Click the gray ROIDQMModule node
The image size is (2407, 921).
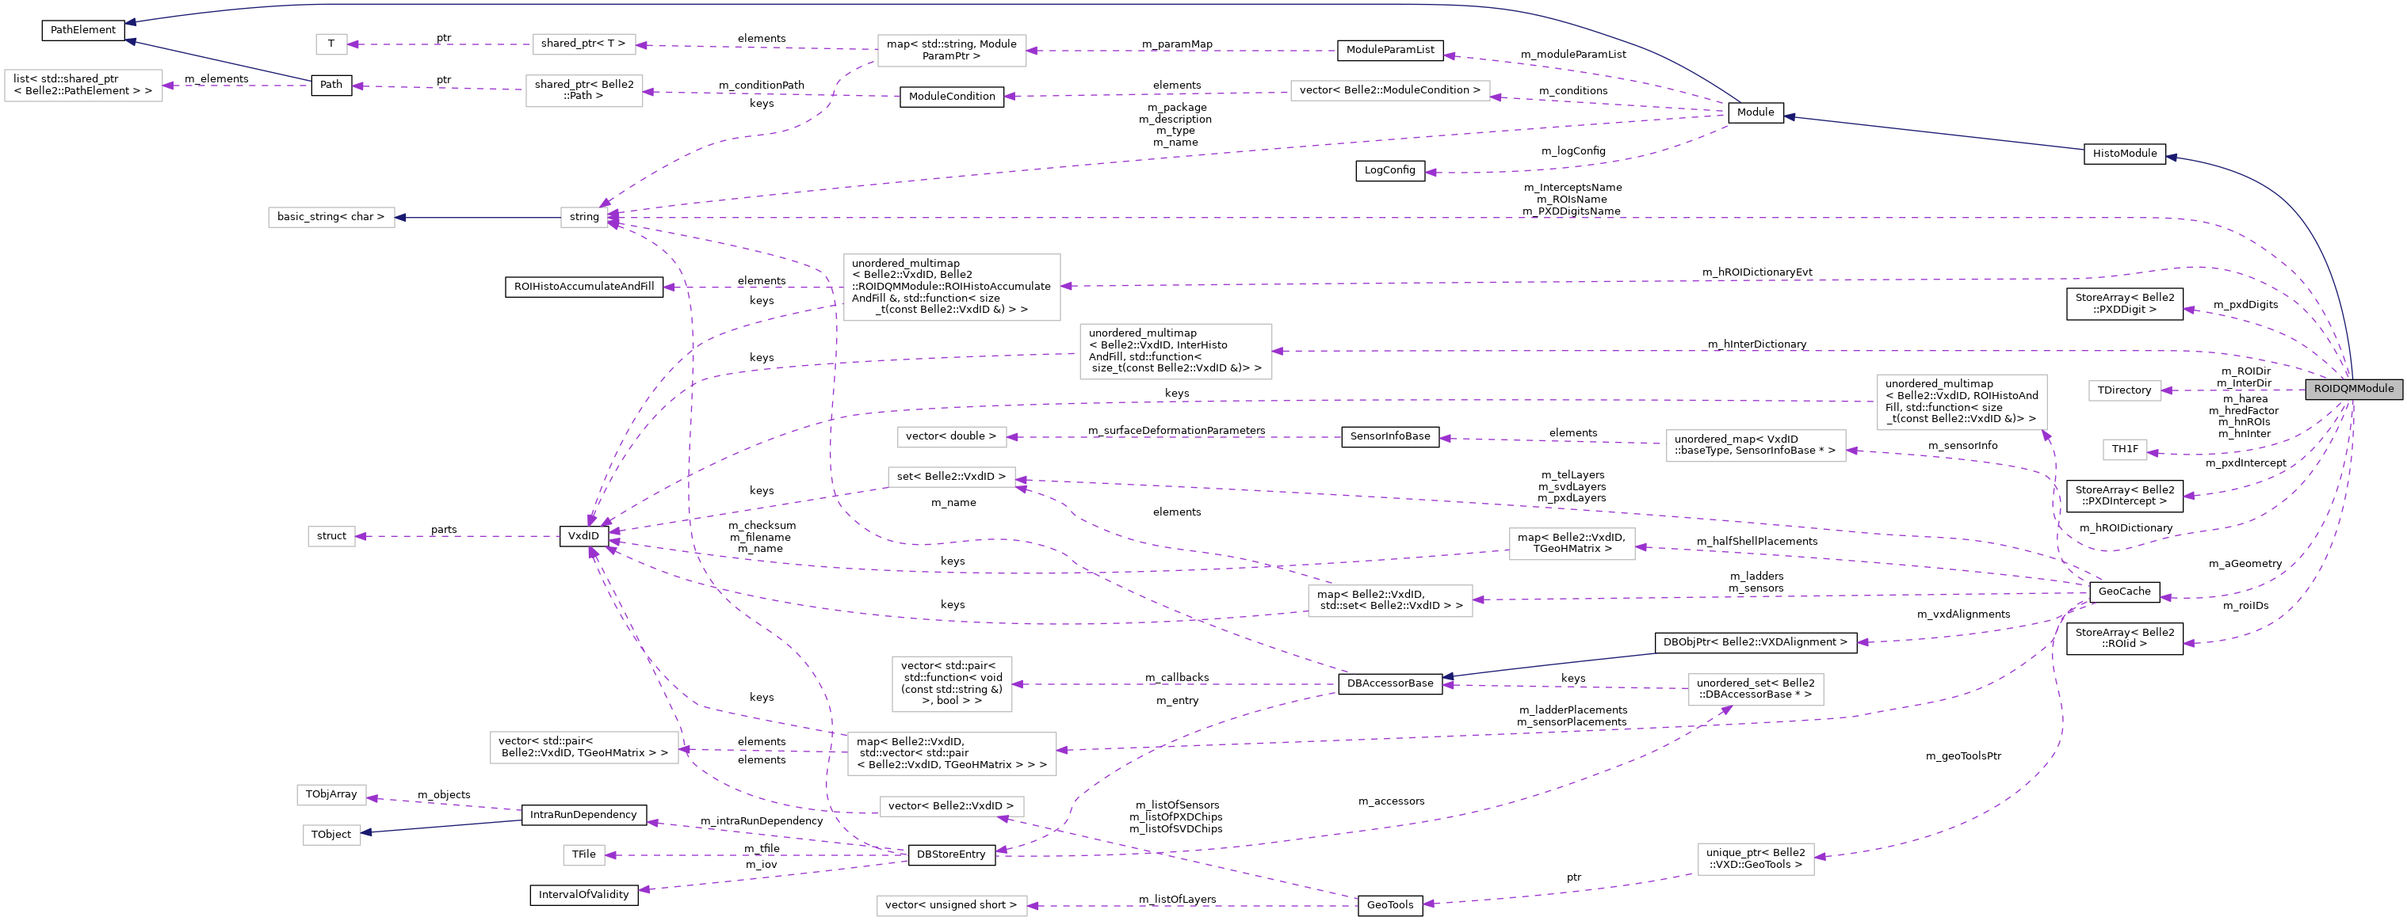pyautogui.click(x=2353, y=389)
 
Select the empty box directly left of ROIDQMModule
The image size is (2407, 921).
pyautogui.click(x=2124, y=390)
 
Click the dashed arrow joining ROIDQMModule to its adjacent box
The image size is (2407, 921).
pyautogui.click(x=2233, y=390)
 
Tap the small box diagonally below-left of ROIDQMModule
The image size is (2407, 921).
pyautogui.click(x=2124, y=451)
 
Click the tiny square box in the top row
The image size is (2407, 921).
pyautogui.click(x=330, y=44)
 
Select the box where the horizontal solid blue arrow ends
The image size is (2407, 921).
pyautogui.click(x=330, y=218)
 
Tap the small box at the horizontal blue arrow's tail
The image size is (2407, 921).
pyautogui.click(x=584, y=218)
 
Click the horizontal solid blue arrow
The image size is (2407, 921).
pyautogui.click(x=476, y=218)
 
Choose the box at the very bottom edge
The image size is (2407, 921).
pyautogui.click(x=951, y=905)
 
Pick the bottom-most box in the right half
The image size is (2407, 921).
pyautogui.click(x=1755, y=859)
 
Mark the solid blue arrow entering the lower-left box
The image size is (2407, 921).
pyautogui.click(x=439, y=827)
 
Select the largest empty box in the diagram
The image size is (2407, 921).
pyautogui.click(x=951, y=287)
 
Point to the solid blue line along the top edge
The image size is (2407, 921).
pyautogui.click(x=841, y=5)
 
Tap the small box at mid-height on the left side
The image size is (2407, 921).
pyautogui.click(x=330, y=536)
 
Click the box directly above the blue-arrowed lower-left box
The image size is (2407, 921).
pyautogui.click(x=330, y=795)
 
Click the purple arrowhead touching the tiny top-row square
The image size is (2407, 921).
pyautogui.click(x=354, y=44)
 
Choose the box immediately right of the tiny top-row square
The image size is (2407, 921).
pyautogui.click(x=584, y=44)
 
